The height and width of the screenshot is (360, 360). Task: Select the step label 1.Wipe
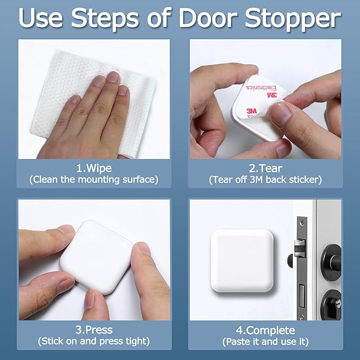[x=93, y=169]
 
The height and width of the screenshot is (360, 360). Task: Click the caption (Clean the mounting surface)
[x=93, y=180]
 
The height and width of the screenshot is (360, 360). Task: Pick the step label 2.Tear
[x=265, y=169]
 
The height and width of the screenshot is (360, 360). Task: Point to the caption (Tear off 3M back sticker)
[x=265, y=180]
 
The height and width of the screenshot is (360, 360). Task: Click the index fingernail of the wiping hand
[x=113, y=77]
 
